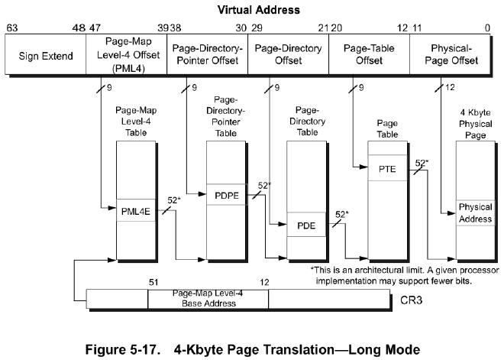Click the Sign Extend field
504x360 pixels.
45,56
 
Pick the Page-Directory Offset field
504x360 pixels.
287,56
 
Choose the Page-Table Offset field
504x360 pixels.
368,56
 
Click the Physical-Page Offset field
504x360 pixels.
450,56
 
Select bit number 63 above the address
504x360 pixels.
12,28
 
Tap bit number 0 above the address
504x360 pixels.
487,28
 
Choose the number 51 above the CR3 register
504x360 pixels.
153,282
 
